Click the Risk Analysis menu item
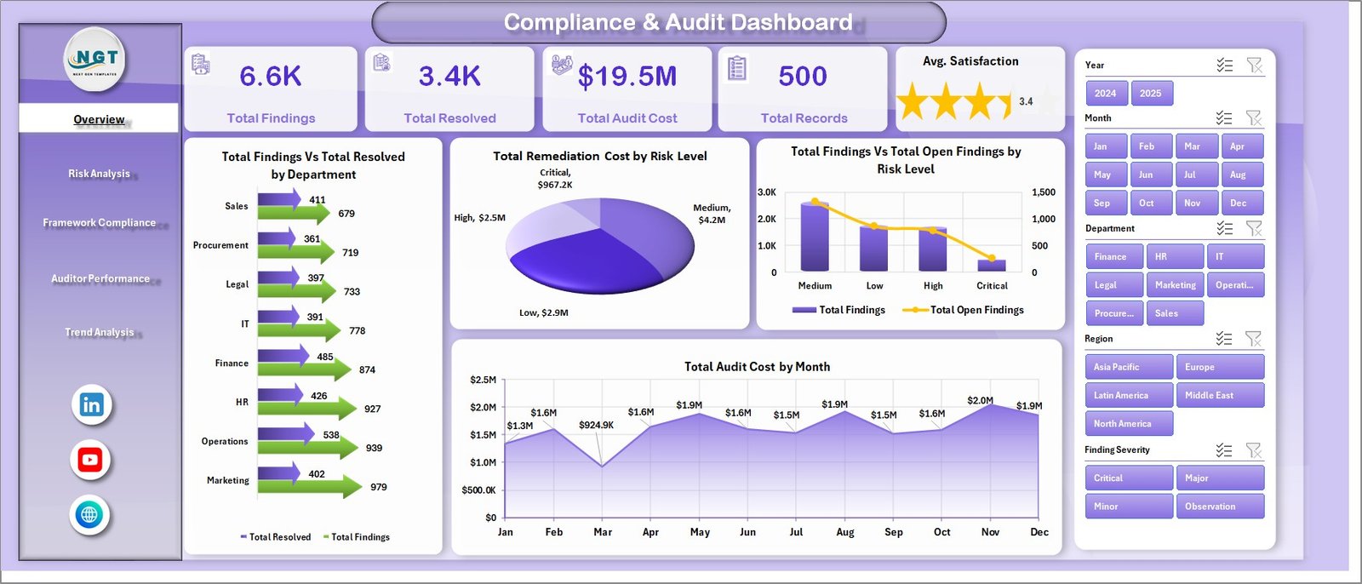tap(99, 174)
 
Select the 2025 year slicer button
tap(1150, 94)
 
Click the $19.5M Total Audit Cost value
tap(627, 77)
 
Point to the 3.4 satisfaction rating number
tap(1026, 101)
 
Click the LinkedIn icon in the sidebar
tap(91, 405)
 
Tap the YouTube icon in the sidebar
tap(90, 461)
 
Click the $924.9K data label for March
tap(596, 425)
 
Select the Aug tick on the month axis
tap(844, 532)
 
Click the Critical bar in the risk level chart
tap(992, 265)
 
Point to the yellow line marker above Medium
tap(815, 202)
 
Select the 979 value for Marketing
tap(379, 487)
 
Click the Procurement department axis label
tap(220, 245)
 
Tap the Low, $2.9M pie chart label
tap(543, 313)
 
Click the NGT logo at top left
tap(96, 59)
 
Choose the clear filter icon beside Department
tap(1253, 228)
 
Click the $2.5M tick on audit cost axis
tap(483, 380)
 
